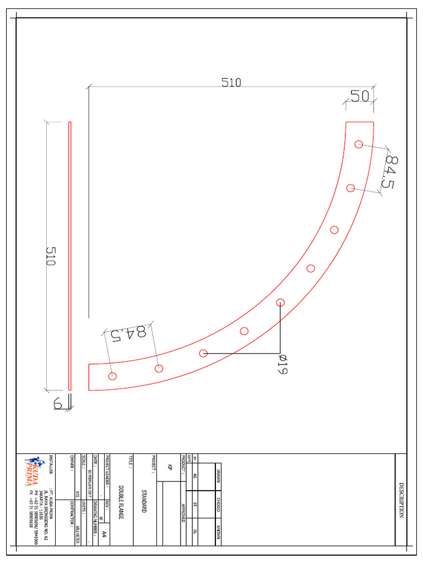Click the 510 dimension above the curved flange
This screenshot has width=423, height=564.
pyautogui.click(x=231, y=83)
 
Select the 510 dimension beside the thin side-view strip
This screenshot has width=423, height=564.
pyautogui.click(x=51, y=256)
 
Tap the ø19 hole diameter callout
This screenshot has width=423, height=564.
pyautogui.click(x=281, y=364)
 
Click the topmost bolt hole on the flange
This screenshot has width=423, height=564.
pyautogui.click(x=359, y=144)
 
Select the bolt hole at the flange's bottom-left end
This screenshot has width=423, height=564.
pyautogui.click(x=112, y=377)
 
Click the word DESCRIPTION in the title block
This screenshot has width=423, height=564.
pyautogui.click(x=402, y=500)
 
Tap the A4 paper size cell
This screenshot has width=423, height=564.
pyautogui.click(x=104, y=534)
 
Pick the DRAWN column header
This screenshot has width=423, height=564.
pyautogui.click(x=218, y=475)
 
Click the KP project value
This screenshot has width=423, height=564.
pyautogui.click(x=170, y=467)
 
